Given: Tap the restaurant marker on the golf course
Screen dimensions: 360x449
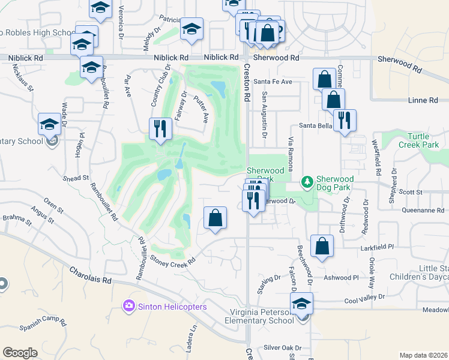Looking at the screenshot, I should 160,128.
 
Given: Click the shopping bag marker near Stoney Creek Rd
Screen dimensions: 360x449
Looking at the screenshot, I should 215,218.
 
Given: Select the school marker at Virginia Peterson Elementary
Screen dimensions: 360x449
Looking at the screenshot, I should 303,304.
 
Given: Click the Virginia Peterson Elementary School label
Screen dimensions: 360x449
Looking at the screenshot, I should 262,316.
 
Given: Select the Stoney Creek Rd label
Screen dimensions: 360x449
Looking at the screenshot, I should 174,263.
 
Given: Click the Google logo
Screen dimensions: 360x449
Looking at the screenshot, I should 20,352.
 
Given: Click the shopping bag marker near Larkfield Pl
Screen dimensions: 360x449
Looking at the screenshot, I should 322,246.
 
